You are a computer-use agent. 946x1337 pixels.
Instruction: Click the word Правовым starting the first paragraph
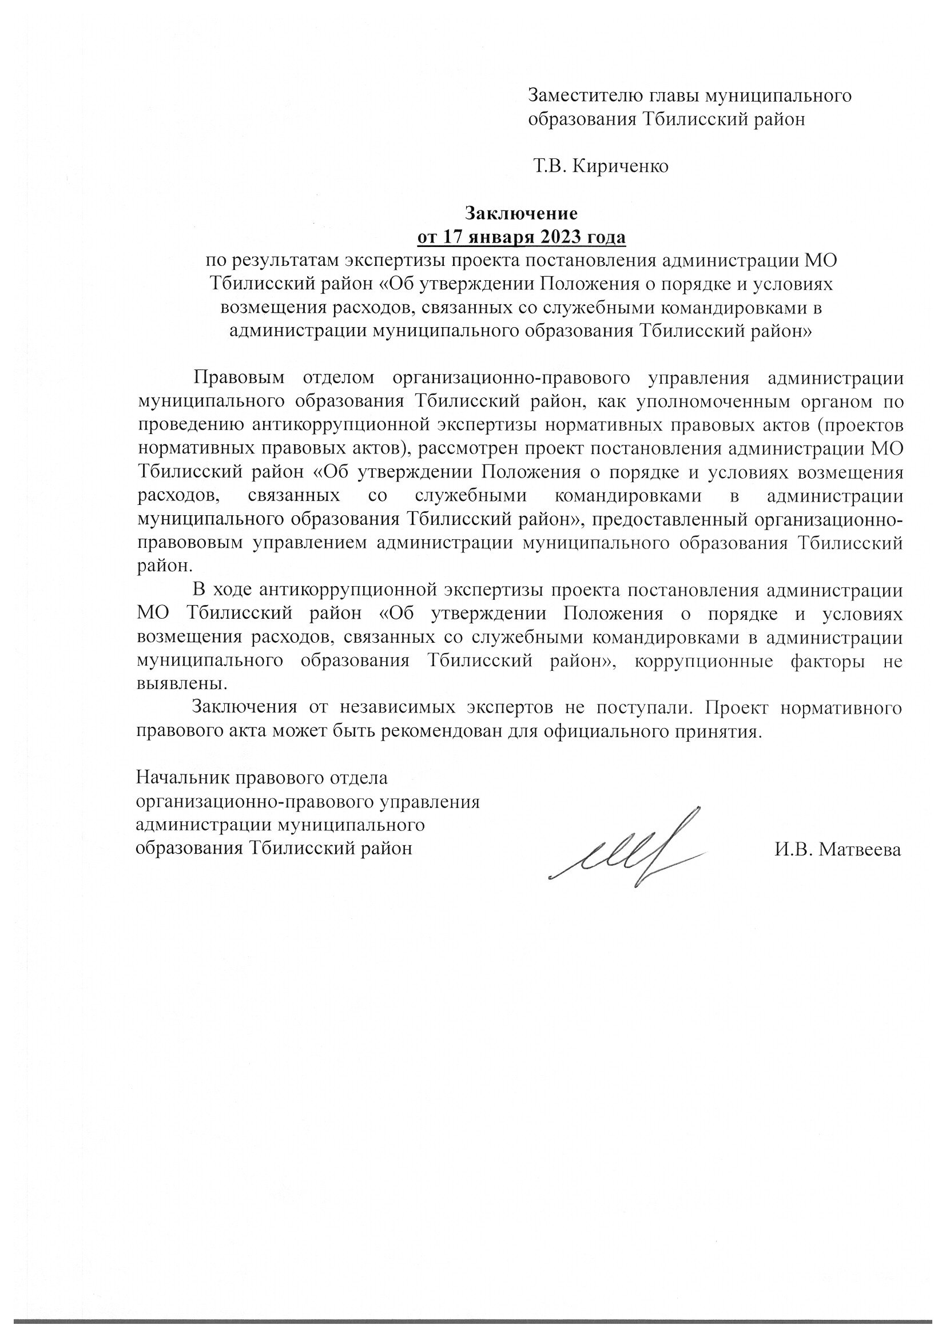[240, 377]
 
